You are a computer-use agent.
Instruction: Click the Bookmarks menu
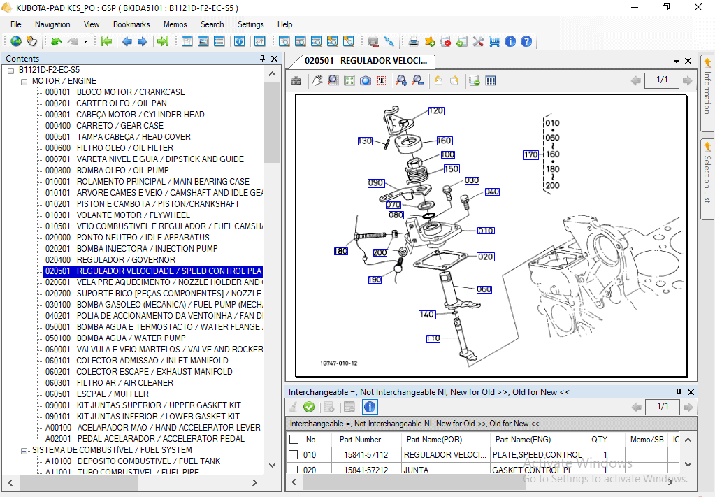[x=131, y=24]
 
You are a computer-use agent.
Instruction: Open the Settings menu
[x=250, y=24]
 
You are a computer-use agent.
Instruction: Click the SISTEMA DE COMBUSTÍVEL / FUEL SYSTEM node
[x=112, y=450]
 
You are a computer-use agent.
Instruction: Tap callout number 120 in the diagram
[x=435, y=110]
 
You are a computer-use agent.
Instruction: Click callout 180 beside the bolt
[x=340, y=251]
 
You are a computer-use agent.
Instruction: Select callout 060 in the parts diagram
[x=484, y=289]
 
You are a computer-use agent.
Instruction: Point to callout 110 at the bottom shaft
[x=433, y=338]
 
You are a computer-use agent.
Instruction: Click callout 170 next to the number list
[x=531, y=154]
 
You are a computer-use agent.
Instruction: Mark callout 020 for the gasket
[x=486, y=257]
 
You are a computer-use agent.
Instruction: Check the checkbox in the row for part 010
[x=294, y=455]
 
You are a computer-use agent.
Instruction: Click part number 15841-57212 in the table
[x=366, y=470]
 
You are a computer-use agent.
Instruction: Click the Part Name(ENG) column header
[x=521, y=440]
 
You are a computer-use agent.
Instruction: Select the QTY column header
[x=599, y=440]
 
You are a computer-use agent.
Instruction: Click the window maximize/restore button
[x=666, y=8]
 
